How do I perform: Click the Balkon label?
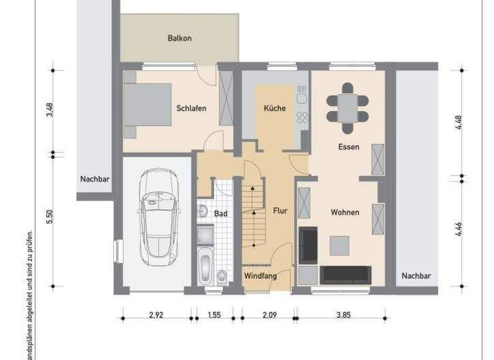click(x=179, y=39)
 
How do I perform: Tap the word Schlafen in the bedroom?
click(x=191, y=109)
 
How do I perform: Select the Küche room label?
click(x=275, y=109)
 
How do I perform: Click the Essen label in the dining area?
click(x=349, y=147)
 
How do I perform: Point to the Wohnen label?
click(x=345, y=212)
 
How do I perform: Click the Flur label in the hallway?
click(x=280, y=210)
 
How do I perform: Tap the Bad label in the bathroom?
click(x=221, y=213)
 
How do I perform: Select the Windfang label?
click(x=260, y=276)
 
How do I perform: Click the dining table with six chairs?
click(x=347, y=104)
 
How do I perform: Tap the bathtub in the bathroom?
click(x=205, y=269)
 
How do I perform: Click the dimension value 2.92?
click(x=155, y=315)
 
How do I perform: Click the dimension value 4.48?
click(x=459, y=122)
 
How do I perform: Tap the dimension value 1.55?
click(x=214, y=315)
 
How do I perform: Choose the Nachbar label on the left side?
click(x=95, y=179)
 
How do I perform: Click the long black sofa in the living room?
click(x=345, y=274)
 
